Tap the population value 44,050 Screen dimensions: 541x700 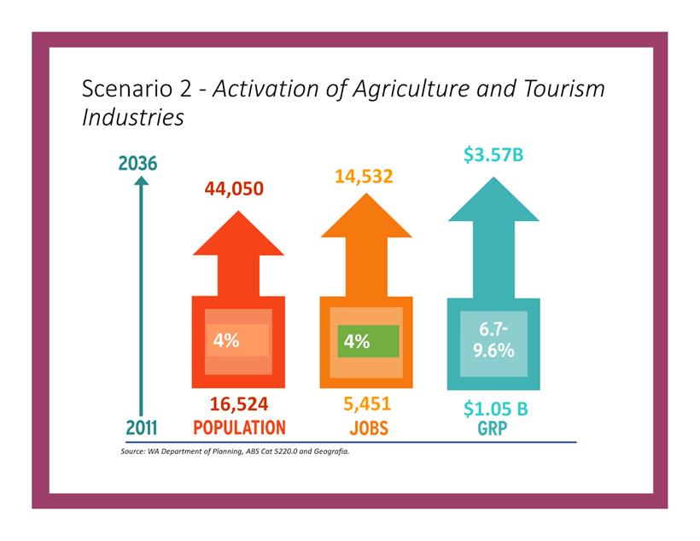coord(238,189)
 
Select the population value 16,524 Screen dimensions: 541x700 coord(239,404)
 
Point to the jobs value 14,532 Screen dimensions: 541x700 coord(365,177)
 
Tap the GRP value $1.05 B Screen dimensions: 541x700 coord(495,409)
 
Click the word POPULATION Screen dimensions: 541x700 coord(239,428)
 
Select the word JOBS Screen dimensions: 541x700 coord(368,428)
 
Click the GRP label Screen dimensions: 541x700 coord(493,428)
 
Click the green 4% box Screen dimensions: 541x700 coord(368,341)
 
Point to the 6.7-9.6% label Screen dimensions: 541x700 coord(493,340)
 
